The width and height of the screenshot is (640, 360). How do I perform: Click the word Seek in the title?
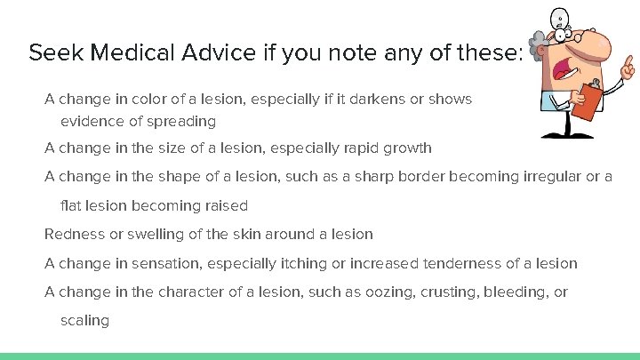tap(51, 53)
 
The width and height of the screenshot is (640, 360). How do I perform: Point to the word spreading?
tap(183, 121)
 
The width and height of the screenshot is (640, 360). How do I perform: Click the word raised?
tap(226, 205)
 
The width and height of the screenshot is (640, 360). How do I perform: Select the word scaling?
tap(84, 321)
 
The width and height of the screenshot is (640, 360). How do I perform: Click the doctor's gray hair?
tap(538, 40)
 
